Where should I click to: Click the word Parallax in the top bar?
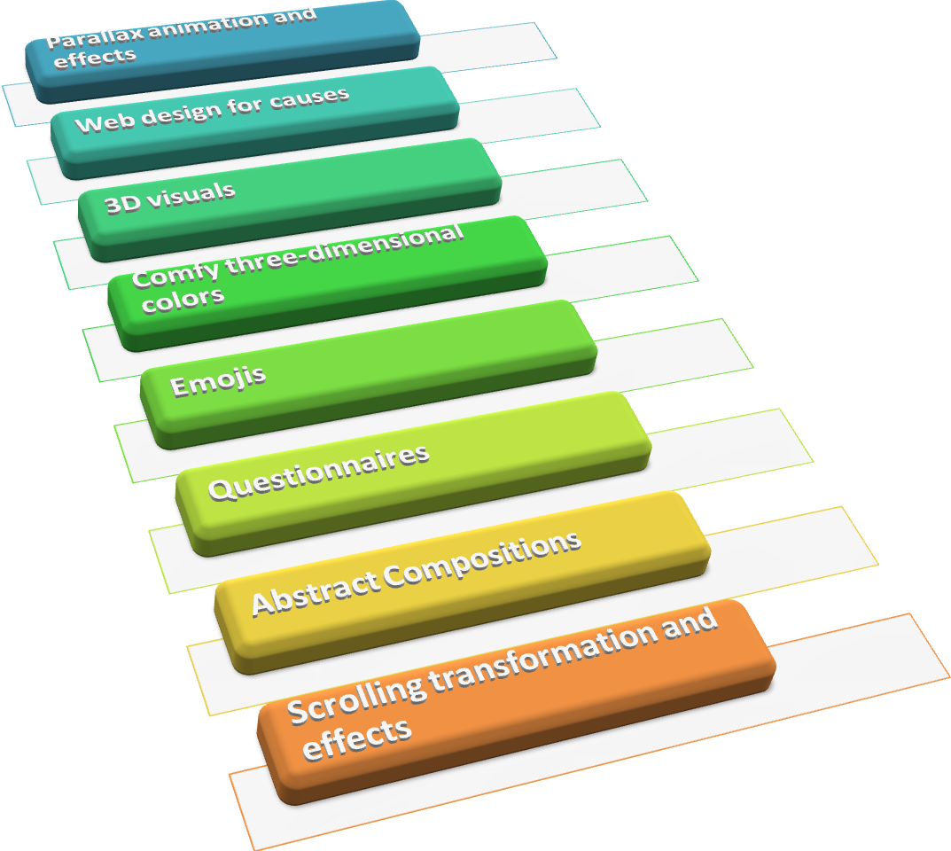pos(86,39)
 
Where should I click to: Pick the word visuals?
pos(191,194)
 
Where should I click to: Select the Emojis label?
pos(217,381)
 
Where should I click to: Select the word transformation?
pos(541,652)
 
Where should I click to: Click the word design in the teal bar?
pos(168,113)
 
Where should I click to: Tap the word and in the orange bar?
pos(689,624)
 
